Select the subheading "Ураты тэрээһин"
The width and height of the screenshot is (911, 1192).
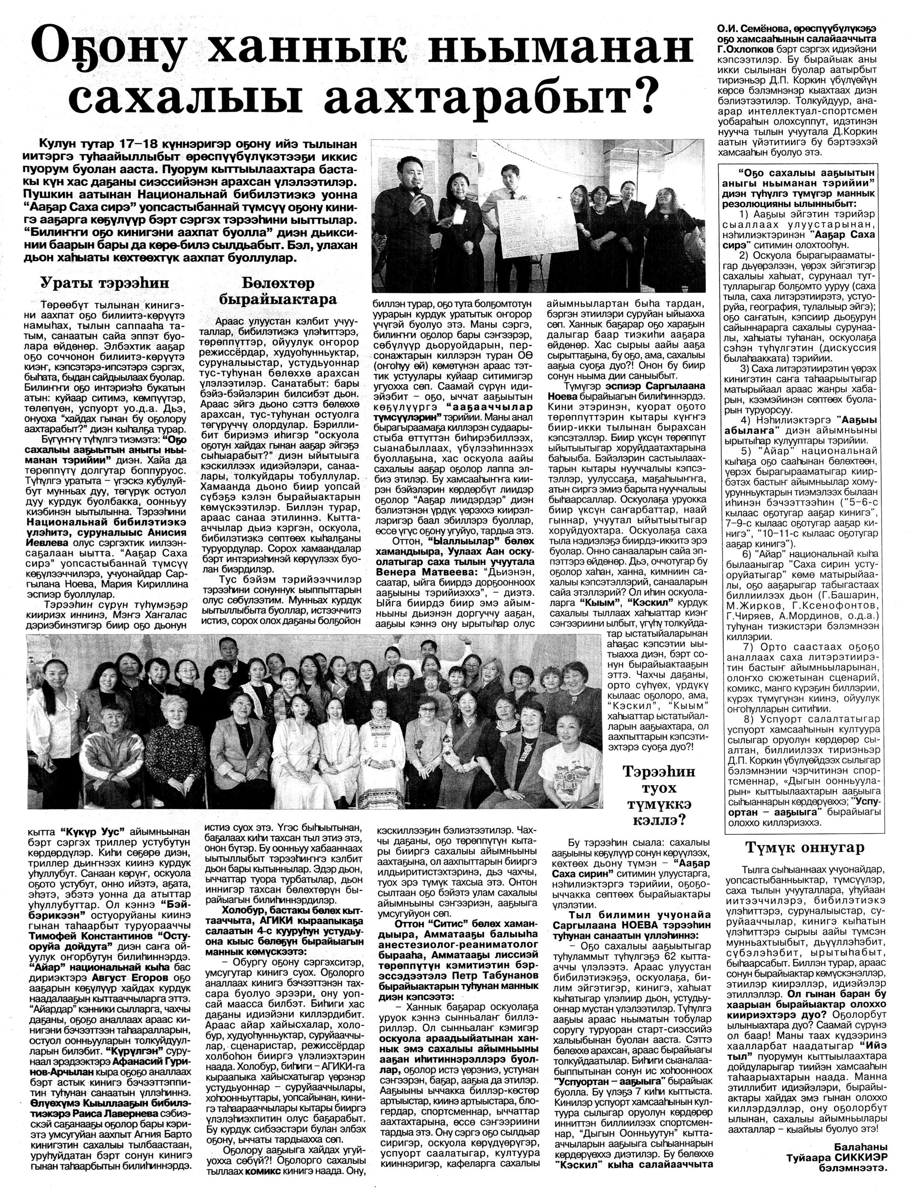tap(105, 283)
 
